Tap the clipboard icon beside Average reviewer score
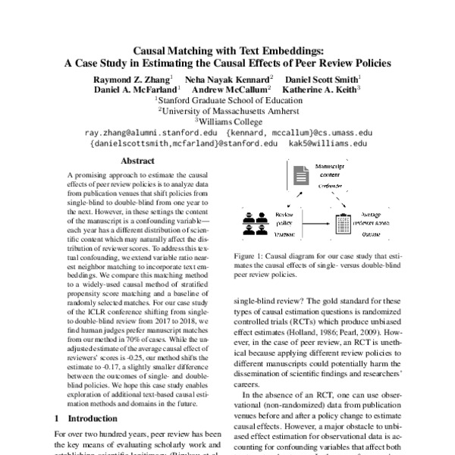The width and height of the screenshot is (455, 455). click(x=342, y=224)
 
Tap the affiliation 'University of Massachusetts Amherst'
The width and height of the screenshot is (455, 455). click(x=227, y=110)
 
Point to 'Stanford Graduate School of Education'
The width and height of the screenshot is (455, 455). click(x=227, y=99)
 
